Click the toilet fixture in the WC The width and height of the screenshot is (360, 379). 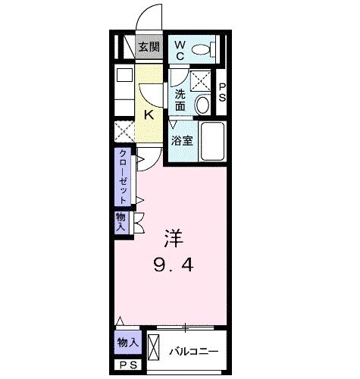coord(202,50)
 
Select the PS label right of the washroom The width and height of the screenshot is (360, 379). coord(222,92)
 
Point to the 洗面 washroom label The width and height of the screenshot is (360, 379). coord(180,100)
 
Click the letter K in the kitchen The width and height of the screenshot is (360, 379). coord(149,115)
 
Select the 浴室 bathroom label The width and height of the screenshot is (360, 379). coord(180,140)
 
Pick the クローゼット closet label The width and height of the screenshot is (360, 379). coord(121,177)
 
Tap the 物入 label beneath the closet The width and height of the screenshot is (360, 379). coord(121,222)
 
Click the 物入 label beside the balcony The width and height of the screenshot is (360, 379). coord(127,343)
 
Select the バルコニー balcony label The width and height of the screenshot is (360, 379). coord(193,351)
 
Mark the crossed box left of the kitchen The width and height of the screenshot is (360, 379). coord(124,130)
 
